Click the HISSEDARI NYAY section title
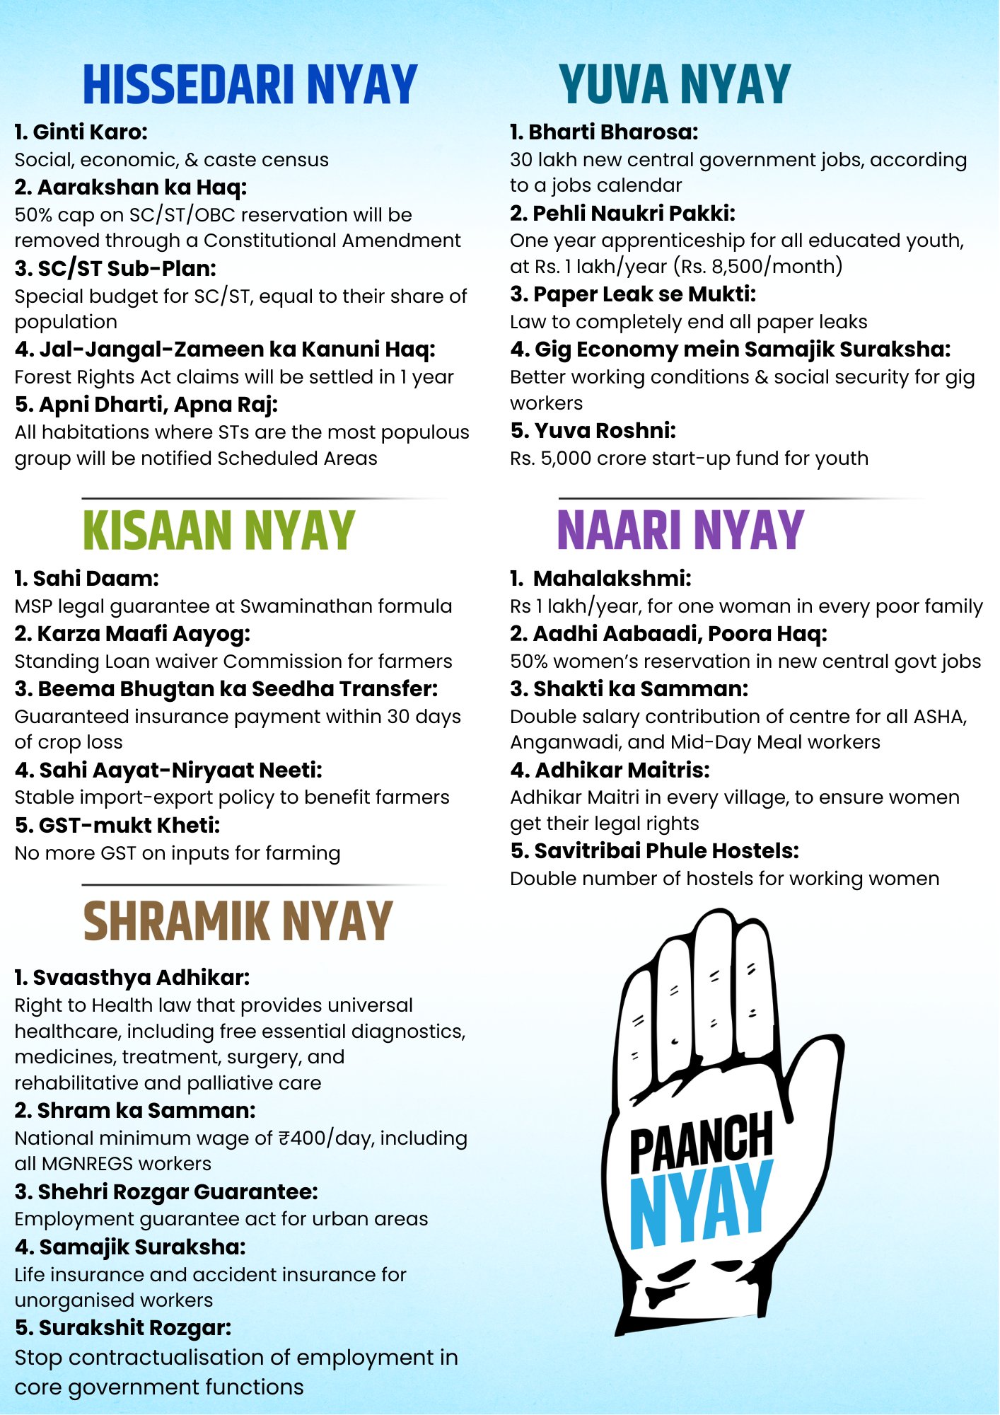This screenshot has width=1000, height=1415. pyautogui.click(x=250, y=85)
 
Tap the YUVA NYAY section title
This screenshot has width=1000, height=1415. pyautogui.click(x=675, y=85)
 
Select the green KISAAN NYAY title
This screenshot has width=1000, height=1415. pyautogui.click(x=219, y=531)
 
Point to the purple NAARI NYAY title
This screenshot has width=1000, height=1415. pyautogui.click(x=680, y=531)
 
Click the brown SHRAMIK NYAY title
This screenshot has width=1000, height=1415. pyautogui.click(x=238, y=921)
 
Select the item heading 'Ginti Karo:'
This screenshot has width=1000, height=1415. pyautogui.click(x=81, y=132)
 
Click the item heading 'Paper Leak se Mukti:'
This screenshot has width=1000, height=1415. pyautogui.click(x=634, y=294)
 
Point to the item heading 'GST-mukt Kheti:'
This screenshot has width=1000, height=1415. pyautogui.click(x=117, y=825)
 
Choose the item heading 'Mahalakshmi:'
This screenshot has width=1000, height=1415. pyautogui.click(x=611, y=578)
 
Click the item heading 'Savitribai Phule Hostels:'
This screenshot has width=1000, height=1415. pyautogui.click(x=655, y=850)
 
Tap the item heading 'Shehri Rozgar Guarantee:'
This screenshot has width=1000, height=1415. pyautogui.click(x=166, y=1191)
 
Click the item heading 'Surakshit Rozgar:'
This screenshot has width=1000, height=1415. pyautogui.click(x=123, y=1328)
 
